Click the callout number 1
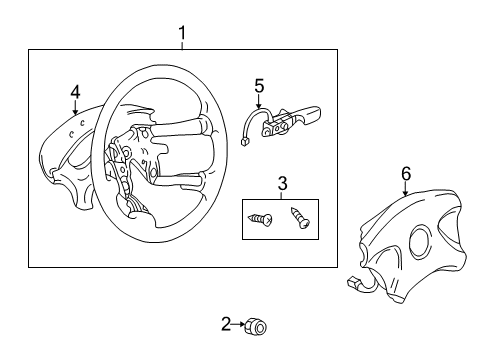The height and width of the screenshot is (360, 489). pos(182,33)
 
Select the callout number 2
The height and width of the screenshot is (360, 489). pos(226,324)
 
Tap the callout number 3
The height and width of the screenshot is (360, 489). pos(282,184)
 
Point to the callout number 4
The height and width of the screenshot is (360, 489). pos(76,92)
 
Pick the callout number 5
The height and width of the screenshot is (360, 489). pos(259,86)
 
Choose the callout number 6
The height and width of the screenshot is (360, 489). pos(406,174)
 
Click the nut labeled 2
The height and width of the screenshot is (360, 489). pos(256,326)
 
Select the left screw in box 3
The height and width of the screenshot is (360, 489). pos(260,219)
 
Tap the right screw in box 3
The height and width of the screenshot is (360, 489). pos(300,218)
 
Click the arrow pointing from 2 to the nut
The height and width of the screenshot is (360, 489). pos(238,324)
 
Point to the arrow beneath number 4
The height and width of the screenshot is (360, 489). pos(76,107)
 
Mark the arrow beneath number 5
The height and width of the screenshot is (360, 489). pos(259,101)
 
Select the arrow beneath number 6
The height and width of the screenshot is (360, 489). pos(406,189)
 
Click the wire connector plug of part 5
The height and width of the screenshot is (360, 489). pos(243,142)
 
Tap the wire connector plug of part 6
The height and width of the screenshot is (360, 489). pos(353,283)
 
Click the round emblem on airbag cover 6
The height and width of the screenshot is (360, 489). pos(422,242)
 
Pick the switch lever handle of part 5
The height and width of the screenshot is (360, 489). pos(309,113)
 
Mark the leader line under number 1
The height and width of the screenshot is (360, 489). pos(182,45)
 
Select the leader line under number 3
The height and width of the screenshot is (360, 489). pos(282,195)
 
